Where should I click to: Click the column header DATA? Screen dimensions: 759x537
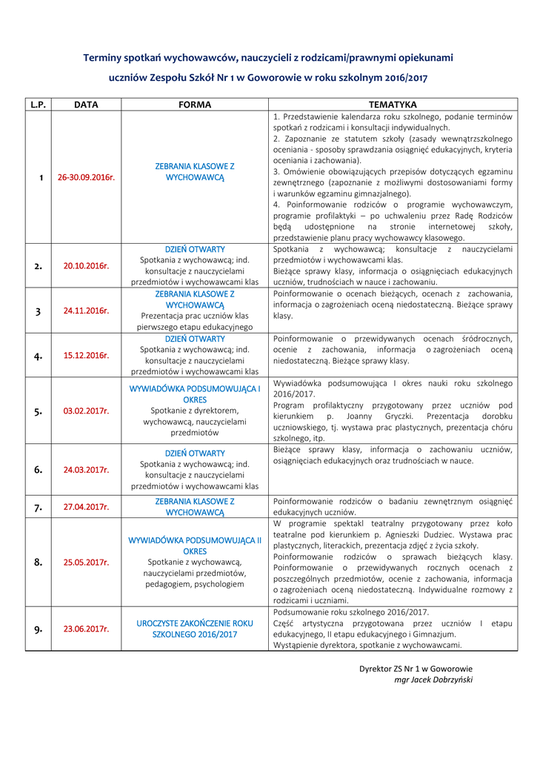pyautogui.click(x=86, y=105)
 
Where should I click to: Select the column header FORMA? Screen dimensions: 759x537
pyautogui.click(x=195, y=105)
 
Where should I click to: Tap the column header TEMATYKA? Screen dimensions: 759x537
pyautogui.click(x=393, y=105)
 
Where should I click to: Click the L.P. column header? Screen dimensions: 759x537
pyautogui.click(x=39, y=105)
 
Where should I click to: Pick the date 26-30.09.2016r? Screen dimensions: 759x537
pyautogui.click(x=86, y=178)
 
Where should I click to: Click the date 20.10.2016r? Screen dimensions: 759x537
pyautogui.click(x=86, y=265)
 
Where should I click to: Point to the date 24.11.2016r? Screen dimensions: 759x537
pyautogui.click(x=86, y=311)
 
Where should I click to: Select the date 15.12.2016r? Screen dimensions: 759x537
pyautogui.click(x=86, y=355)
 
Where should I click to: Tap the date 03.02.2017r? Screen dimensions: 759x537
pyautogui.click(x=86, y=411)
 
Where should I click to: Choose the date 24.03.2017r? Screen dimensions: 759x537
pyautogui.click(x=86, y=470)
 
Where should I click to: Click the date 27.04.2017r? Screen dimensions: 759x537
pyautogui.click(x=86, y=507)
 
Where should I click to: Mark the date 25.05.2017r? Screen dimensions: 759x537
pyautogui.click(x=86, y=563)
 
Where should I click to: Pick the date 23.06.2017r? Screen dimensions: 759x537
pyautogui.click(x=86, y=629)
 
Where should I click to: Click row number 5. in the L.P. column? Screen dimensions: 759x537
pyautogui.click(x=39, y=411)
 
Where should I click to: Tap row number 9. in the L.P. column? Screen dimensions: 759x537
pyautogui.click(x=39, y=629)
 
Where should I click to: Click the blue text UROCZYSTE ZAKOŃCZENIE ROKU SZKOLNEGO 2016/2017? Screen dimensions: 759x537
pyautogui.click(x=195, y=629)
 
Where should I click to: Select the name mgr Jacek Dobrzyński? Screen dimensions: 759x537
pyautogui.click(x=433, y=680)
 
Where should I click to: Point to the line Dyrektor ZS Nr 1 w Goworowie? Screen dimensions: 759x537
pyautogui.click(x=416, y=669)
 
